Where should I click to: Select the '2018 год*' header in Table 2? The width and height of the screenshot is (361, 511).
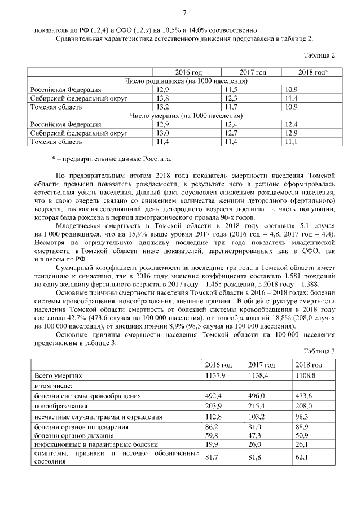313,73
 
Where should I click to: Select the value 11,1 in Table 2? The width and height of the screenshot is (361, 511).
292,141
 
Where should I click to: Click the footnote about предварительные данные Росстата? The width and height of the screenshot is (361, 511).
110,158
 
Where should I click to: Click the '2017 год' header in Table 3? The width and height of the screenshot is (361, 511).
261,365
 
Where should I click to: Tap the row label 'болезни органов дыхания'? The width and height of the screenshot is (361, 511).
75,435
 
